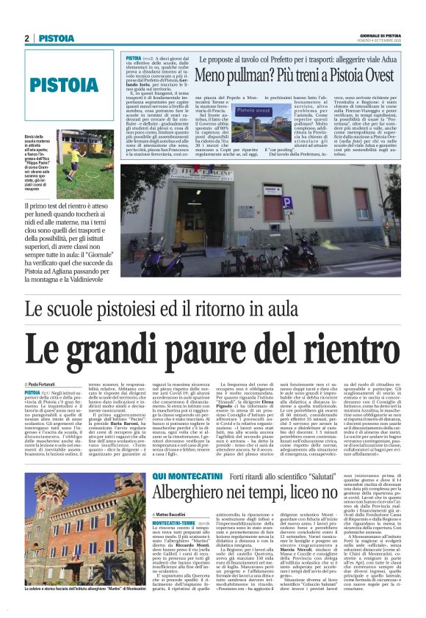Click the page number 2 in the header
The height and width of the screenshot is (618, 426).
coord(27,38)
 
